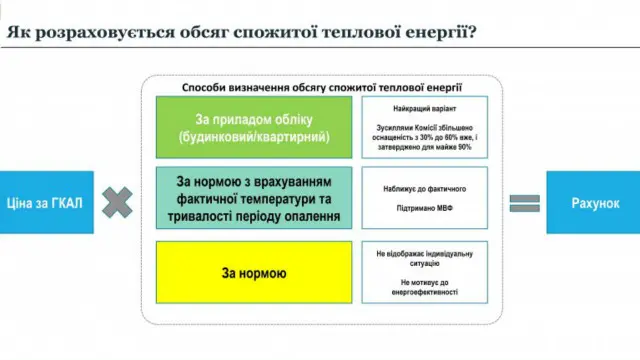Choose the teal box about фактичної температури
[253, 198]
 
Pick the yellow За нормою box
[253, 272]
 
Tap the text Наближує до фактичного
[424, 187]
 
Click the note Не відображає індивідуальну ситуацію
[424, 258]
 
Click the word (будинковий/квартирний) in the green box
[253, 136]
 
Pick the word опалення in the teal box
[305, 215]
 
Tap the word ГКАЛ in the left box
[64, 202]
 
